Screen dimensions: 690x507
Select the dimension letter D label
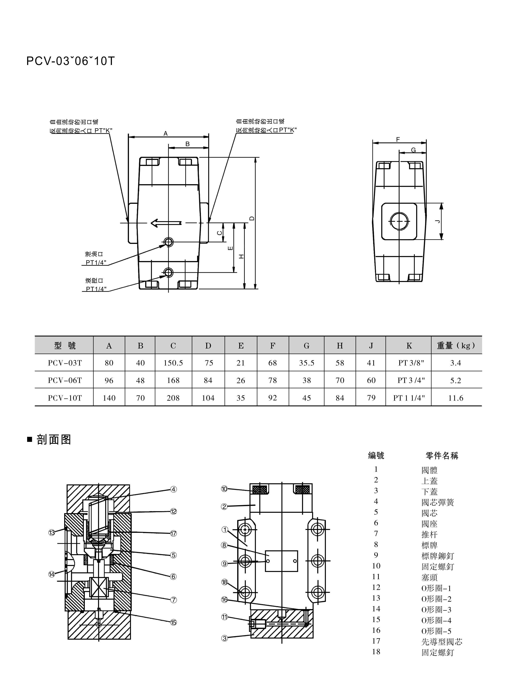[x=252, y=219]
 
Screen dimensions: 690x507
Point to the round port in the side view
[x=399, y=221]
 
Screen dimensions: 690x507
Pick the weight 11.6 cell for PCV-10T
[x=455, y=398]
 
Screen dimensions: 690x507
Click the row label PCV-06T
[x=65, y=380]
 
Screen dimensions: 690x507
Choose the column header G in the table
[x=306, y=346]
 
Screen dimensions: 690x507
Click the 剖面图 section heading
[x=54, y=440]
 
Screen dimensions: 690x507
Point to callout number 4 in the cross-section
[x=173, y=489]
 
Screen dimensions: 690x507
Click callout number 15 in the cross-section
[x=173, y=622]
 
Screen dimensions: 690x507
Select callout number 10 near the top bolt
[x=224, y=489]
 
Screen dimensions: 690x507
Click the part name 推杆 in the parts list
[x=429, y=534]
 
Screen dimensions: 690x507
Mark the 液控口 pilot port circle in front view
[x=168, y=272]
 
